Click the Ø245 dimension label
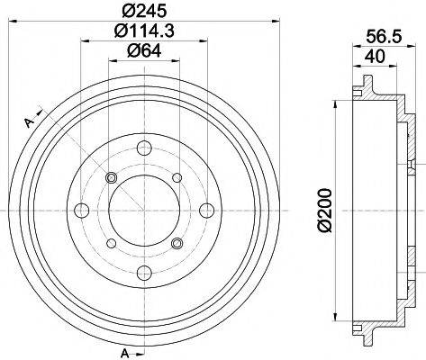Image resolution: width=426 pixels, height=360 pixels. click(144, 11)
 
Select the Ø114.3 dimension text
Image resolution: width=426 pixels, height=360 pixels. click(144, 31)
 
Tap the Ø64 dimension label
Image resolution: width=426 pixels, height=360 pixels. click(144, 50)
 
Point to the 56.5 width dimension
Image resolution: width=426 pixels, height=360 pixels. click(384, 37)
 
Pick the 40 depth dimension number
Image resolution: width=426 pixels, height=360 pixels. click(376, 56)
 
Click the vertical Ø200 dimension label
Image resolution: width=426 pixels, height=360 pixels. click(324, 210)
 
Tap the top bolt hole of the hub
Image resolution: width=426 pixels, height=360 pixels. click(144, 148)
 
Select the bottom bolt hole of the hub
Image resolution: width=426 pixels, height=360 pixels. click(144, 272)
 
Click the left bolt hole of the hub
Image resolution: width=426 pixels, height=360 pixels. click(81, 210)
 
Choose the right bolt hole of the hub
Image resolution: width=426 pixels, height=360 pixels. click(207, 210)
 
